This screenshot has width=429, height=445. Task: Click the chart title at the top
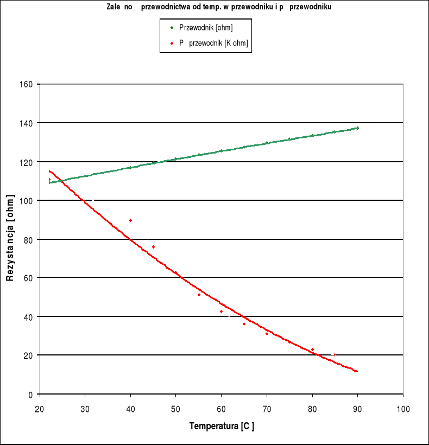tap(219, 8)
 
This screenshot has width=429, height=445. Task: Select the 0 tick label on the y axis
tap(31, 394)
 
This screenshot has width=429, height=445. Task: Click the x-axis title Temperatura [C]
tap(222, 426)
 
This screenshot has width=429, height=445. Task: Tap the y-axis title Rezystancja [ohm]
tap(10, 239)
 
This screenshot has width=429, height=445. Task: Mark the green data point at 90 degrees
tap(357, 128)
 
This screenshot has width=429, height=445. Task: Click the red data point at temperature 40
tap(130, 220)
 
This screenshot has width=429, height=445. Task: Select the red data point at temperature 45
tap(153, 247)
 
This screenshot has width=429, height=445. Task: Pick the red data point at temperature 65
tap(244, 324)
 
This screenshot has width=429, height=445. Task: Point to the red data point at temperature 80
tap(312, 349)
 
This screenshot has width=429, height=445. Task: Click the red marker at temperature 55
tap(199, 295)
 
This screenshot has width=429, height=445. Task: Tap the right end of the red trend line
tap(357, 372)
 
